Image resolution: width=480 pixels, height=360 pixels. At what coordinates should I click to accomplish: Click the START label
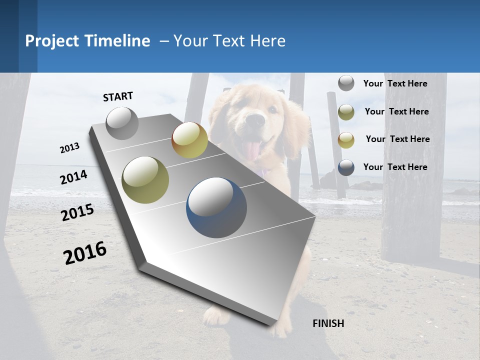(118, 96)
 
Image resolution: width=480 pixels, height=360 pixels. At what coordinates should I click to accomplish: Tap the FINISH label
(328, 323)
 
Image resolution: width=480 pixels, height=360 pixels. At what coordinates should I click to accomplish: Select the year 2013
(69, 148)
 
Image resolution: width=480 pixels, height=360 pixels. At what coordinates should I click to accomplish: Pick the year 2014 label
(73, 177)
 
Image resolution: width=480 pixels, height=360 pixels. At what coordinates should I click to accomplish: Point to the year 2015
(77, 212)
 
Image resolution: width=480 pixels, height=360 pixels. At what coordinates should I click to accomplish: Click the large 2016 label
(85, 253)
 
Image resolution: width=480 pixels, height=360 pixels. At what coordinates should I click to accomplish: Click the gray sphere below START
(122, 123)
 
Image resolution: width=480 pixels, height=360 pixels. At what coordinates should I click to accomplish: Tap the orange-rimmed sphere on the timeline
(189, 140)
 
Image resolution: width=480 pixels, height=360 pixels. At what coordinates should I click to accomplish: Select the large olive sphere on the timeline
(145, 180)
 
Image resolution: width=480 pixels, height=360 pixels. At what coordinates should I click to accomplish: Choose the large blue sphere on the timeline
(216, 207)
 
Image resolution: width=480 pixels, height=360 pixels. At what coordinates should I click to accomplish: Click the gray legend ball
(346, 83)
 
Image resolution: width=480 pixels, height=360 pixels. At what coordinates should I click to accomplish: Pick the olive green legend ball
(346, 112)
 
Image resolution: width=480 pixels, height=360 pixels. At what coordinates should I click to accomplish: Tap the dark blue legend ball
(346, 167)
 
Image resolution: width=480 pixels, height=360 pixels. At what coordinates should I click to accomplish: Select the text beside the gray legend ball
(395, 83)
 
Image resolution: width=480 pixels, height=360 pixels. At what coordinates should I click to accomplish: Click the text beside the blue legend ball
(395, 167)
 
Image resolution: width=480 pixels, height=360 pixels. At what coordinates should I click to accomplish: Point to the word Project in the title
(52, 41)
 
